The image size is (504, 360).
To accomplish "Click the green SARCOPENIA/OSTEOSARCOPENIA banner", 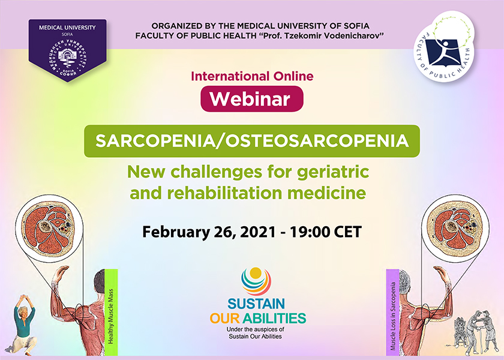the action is point(252,141).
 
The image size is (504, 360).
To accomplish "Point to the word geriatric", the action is point(332,172).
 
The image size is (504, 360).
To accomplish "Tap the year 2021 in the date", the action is point(258,232).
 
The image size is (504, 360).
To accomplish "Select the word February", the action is point(175,232).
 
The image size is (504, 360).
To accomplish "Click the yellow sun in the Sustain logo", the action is point(256,273).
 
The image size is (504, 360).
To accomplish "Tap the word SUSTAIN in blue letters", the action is point(256,304).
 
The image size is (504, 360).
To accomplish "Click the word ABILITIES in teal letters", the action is point(274,318).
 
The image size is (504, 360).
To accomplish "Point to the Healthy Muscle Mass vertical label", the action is point(111,312).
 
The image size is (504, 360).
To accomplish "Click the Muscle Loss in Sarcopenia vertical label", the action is point(393,312).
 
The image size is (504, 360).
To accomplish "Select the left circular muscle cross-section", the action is point(49,229).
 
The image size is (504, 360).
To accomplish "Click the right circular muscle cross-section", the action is point(455,229).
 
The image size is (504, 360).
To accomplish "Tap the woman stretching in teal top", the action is point(24,325).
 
